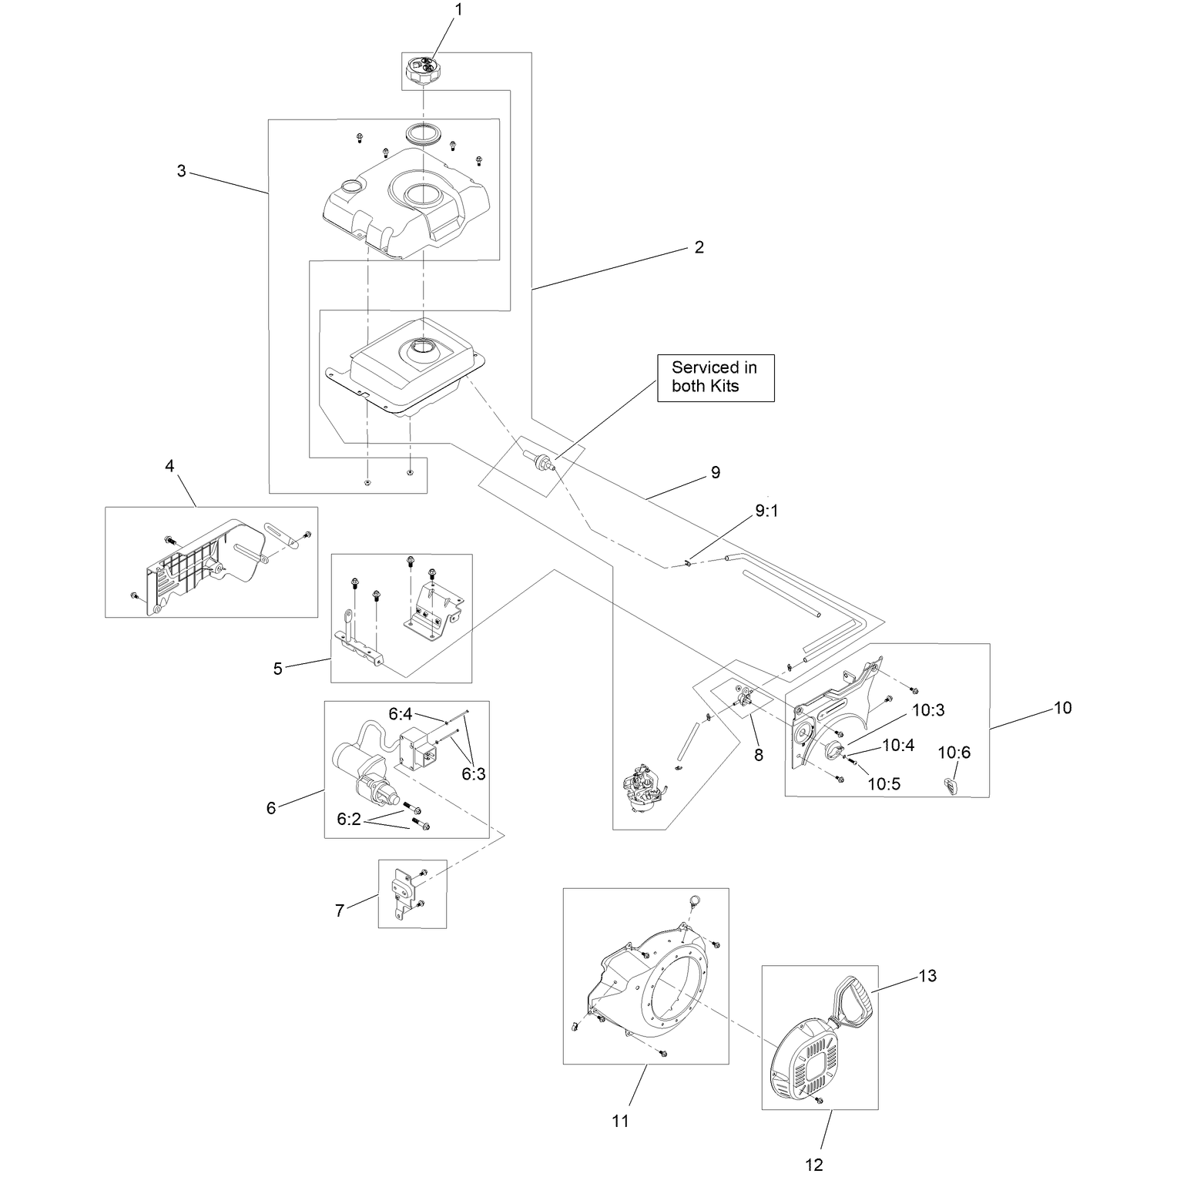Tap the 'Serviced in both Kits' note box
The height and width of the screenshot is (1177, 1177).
(x=716, y=377)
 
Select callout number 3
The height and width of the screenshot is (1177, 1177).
(x=181, y=171)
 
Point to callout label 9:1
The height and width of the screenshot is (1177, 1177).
(x=766, y=511)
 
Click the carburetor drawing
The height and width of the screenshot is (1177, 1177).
(x=646, y=786)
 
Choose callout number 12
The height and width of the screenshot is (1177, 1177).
(x=814, y=1163)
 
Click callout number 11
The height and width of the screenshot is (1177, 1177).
(x=620, y=1121)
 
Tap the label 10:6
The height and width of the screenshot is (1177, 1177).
(x=954, y=752)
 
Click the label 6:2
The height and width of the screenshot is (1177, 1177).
(x=349, y=819)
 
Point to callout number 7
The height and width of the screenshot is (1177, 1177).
(x=340, y=910)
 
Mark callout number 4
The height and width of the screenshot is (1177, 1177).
(x=169, y=465)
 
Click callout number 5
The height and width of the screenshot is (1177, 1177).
(x=278, y=669)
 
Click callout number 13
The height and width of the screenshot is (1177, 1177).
(x=927, y=976)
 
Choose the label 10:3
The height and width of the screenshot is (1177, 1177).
(x=928, y=710)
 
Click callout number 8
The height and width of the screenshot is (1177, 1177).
(x=759, y=755)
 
